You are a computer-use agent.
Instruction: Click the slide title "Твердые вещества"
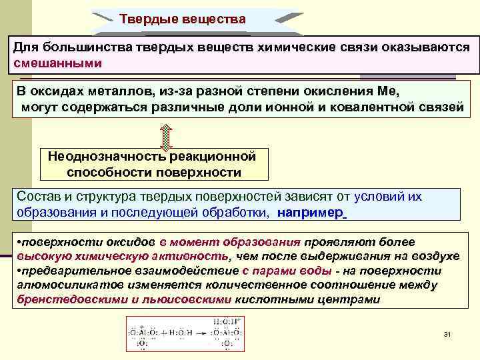pyautogui.click(x=183, y=19)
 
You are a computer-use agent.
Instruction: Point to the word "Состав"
pyautogui.click(x=39, y=197)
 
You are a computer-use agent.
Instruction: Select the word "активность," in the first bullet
pyautogui.click(x=195, y=256)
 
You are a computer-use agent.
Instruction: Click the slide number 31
pyautogui.click(x=447, y=333)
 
